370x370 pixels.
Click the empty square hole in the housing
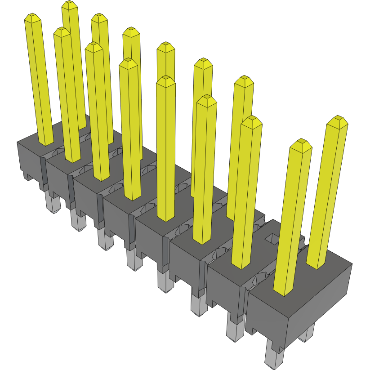point(272,239)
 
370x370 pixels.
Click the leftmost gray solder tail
point(53,205)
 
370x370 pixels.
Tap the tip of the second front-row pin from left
point(62,32)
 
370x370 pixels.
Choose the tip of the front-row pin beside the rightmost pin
point(301,145)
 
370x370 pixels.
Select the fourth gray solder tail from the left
point(134,260)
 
